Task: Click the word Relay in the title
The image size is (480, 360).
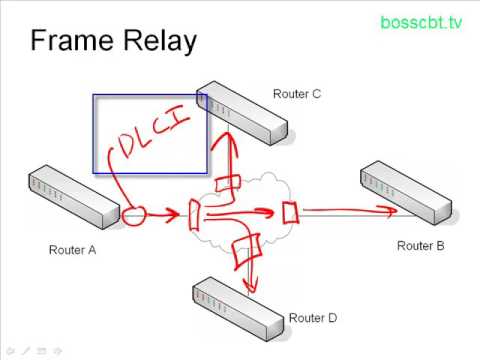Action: tap(160, 42)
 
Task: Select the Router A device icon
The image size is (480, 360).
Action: tap(74, 196)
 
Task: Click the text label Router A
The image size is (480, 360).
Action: tap(72, 250)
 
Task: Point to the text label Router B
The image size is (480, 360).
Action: tap(420, 245)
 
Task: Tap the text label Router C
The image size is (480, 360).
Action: tap(297, 94)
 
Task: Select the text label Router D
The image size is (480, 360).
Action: tap(313, 318)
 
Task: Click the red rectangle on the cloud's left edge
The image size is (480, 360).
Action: tap(196, 213)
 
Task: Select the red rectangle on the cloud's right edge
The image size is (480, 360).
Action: tap(291, 212)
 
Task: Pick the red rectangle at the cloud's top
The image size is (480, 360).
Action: tap(228, 185)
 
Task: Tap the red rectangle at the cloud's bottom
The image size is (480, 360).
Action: tap(245, 242)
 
